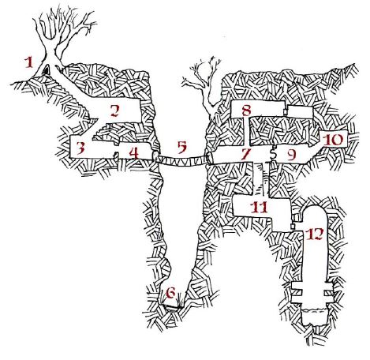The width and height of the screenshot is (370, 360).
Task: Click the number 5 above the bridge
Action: coord(181,147)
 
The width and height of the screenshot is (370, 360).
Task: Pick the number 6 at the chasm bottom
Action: coord(169,294)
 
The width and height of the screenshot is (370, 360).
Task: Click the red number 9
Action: coord(290,155)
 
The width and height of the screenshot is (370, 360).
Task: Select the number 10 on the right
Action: coord(333,139)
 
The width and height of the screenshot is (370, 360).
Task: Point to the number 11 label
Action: coord(259,207)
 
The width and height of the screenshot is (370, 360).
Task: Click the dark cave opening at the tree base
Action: coord(47,71)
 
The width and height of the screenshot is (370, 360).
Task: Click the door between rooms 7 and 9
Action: coord(273,154)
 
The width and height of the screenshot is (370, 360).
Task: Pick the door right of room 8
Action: coord(286,111)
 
